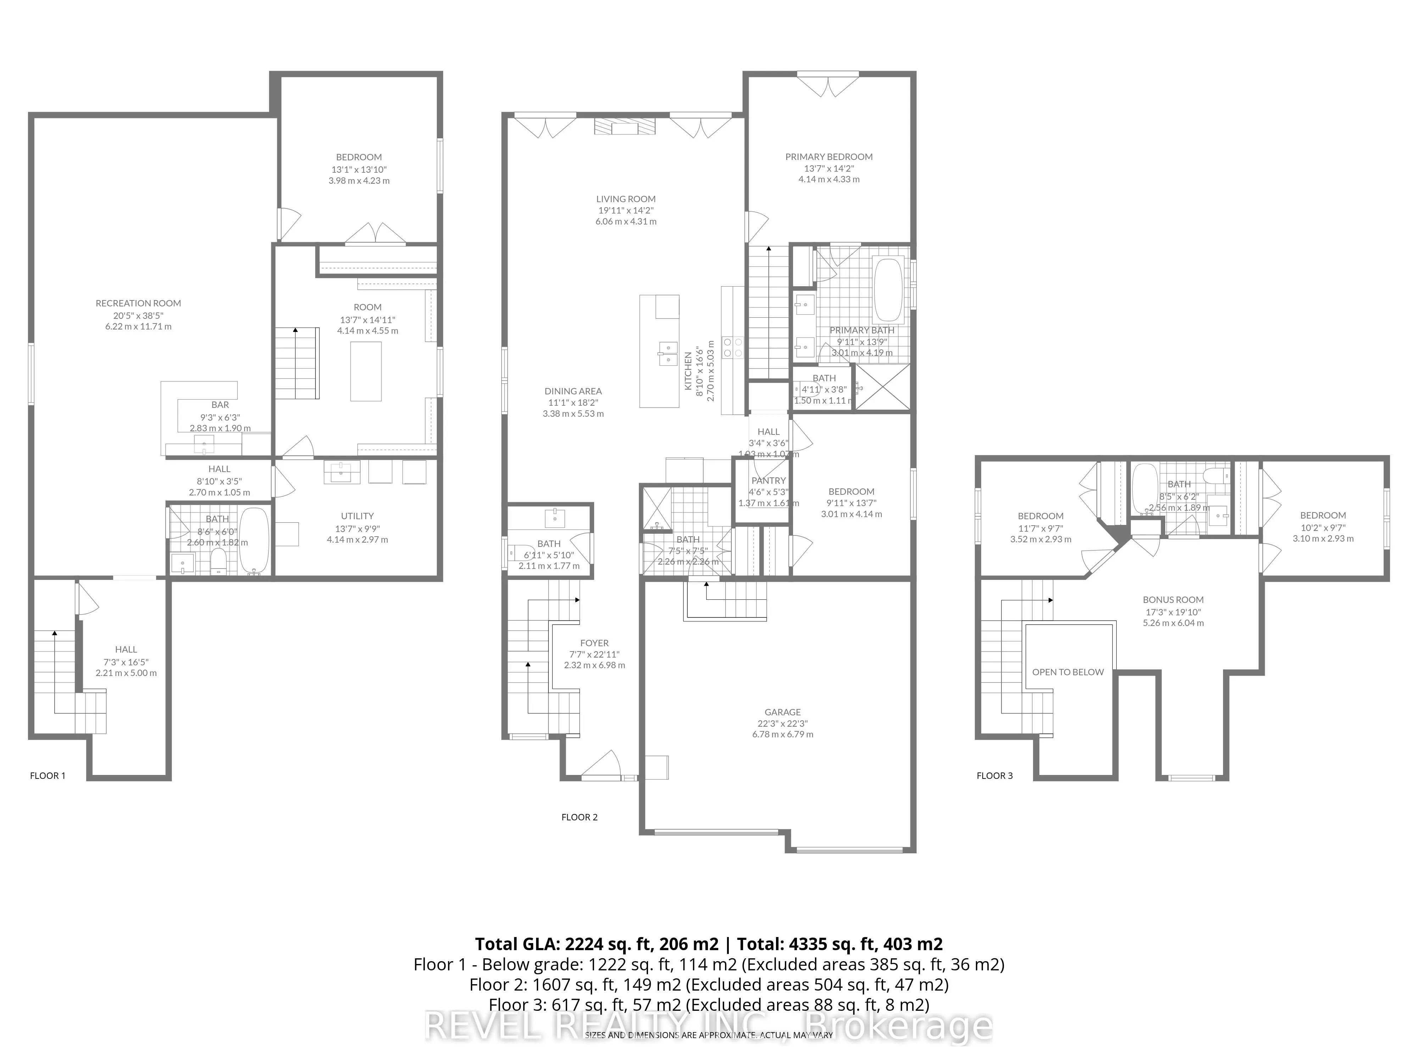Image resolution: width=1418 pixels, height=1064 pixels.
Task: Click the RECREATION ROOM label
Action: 139,303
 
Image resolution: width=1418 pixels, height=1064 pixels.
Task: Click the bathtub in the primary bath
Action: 888,289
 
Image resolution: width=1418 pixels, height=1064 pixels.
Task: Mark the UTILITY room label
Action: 357,516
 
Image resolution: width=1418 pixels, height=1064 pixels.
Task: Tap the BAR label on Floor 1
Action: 220,405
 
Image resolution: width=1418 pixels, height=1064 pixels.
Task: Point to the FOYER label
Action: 594,643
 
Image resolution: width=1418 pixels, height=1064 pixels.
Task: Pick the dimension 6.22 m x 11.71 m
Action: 139,326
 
